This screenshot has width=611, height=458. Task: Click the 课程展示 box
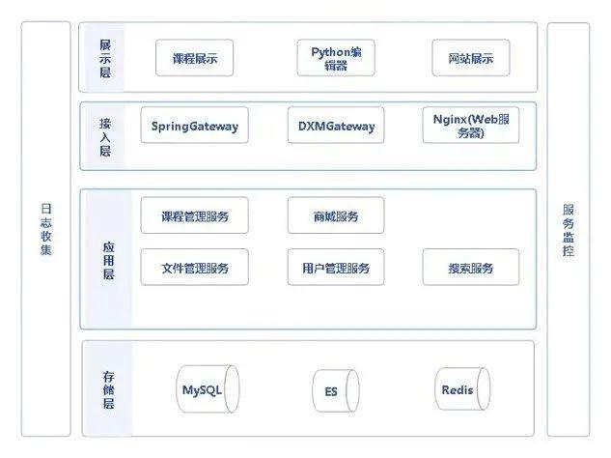(194, 58)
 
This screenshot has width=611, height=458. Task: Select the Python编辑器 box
(336, 58)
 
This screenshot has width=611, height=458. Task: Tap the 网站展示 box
(471, 58)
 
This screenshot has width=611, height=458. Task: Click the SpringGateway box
(194, 126)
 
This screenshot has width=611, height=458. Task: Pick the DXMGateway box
(336, 126)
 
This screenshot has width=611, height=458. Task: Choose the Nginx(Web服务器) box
(471, 126)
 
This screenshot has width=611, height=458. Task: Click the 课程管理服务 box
(194, 215)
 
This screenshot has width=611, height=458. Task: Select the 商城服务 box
(336, 215)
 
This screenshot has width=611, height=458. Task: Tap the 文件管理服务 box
(194, 268)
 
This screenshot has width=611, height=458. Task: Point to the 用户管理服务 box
(336, 268)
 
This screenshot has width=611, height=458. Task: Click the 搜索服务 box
(471, 268)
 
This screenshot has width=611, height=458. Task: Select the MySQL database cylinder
(208, 389)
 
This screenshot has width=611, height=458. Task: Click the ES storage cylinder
(336, 390)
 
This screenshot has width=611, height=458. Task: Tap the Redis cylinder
(462, 389)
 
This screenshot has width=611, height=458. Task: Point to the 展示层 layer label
(105, 58)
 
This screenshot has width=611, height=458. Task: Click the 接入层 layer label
(105, 137)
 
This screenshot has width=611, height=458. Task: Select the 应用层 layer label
(109, 260)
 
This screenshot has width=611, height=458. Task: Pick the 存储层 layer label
(109, 389)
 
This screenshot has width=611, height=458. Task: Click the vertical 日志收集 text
(46, 229)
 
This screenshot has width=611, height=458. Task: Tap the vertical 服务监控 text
(569, 230)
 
